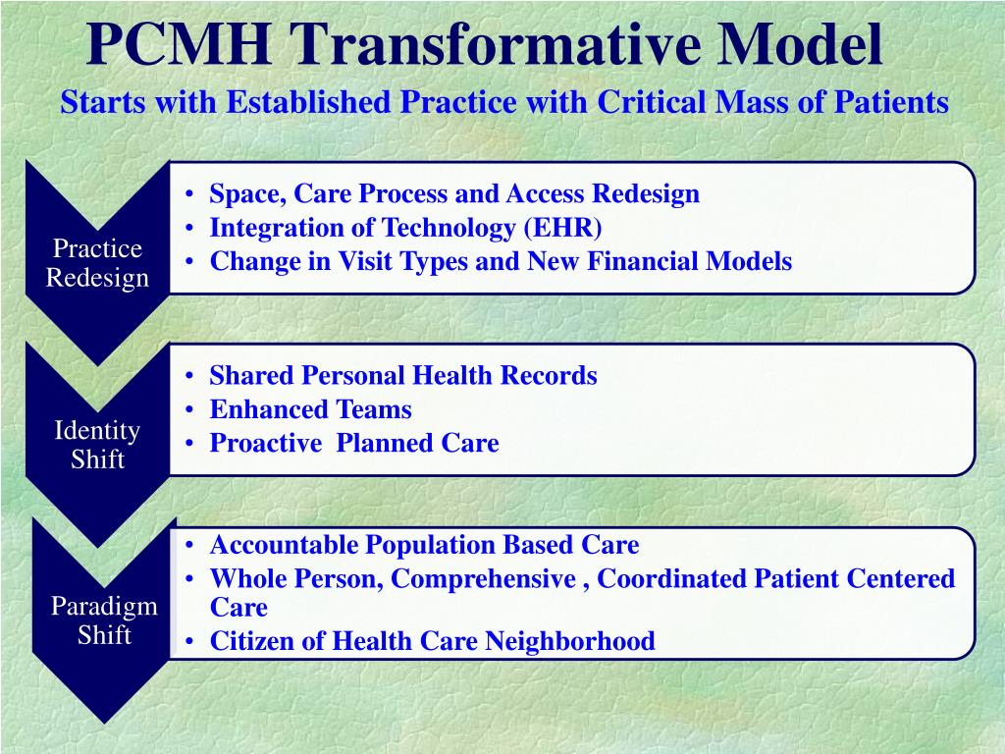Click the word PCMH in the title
point(179,44)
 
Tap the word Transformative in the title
point(493,44)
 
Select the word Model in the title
point(799,44)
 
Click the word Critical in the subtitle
point(651,102)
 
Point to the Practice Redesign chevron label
point(97,263)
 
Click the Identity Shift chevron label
point(97,445)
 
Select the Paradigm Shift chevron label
point(104,620)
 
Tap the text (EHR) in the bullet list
point(562,228)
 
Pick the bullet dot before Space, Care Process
point(189,193)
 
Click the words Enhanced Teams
point(311,409)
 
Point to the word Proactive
point(266,443)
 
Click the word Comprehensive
point(483,579)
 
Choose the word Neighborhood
point(570,640)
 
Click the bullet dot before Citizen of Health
point(189,641)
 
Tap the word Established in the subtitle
point(308,102)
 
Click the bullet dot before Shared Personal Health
point(189,376)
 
